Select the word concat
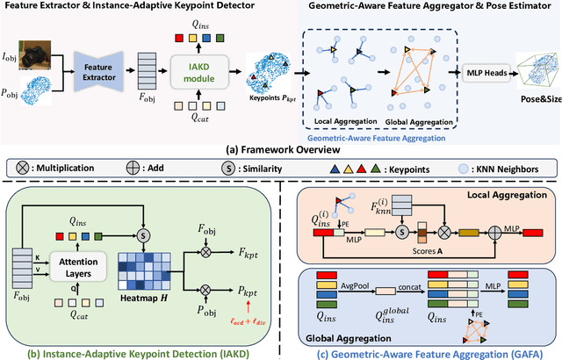point(409,285)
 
